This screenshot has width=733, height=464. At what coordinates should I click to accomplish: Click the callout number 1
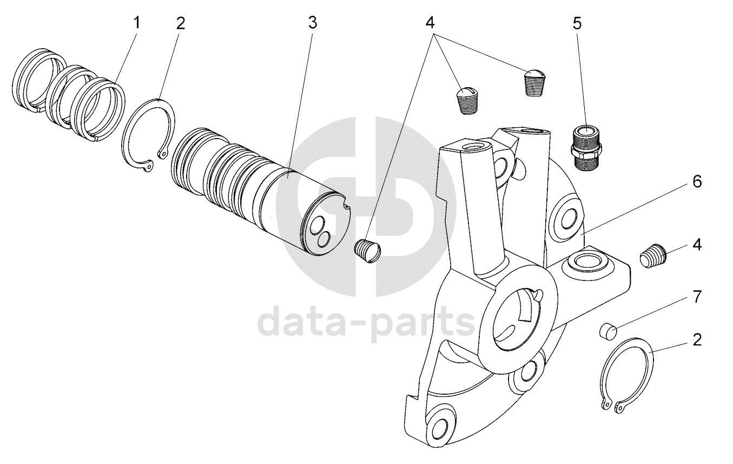pyautogui.click(x=137, y=23)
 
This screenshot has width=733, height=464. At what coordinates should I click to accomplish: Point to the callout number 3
pyautogui.click(x=312, y=23)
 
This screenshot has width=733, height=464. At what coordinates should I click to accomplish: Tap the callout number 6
pyautogui.click(x=697, y=182)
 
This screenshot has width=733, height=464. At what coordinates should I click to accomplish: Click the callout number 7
pyautogui.click(x=697, y=296)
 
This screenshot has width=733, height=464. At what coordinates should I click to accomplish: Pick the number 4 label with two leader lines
pyautogui.click(x=430, y=23)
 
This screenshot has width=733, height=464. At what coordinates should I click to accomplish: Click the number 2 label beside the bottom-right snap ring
pyautogui.click(x=697, y=340)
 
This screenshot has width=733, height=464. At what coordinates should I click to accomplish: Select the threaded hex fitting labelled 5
pyautogui.click(x=586, y=147)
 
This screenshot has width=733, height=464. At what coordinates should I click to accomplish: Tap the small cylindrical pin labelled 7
pyautogui.click(x=609, y=330)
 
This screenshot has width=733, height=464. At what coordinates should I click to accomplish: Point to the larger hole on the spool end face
pyautogui.click(x=315, y=226)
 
